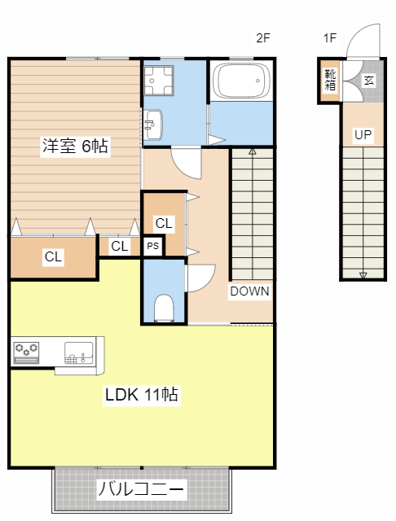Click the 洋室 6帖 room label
(75, 146)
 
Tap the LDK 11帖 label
(142, 395)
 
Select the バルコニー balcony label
(140, 488)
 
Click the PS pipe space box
(153, 246)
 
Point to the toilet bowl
(164, 308)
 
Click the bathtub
(241, 81)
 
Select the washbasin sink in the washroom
(153, 125)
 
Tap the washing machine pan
(159, 81)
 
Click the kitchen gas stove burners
(26, 352)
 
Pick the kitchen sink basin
(79, 352)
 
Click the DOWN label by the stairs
(249, 291)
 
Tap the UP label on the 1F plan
(363, 134)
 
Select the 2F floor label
(262, 38)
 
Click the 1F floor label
(330, 38)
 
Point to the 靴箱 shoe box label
(330, 80)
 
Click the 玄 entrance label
(369, 80)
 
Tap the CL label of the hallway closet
(164, 223)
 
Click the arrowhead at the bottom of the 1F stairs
(363, 275)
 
